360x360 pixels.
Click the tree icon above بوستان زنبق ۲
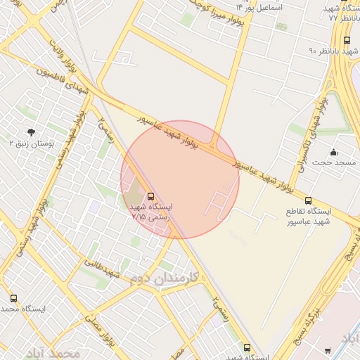pyautogui.click(x=30, y=131)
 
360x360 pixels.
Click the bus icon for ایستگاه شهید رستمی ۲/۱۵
pyautogui.click(x=151, y=196)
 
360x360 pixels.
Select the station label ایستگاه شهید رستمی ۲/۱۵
pyautogui.click(x=151, y=212)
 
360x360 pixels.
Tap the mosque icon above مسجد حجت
pyautogui.click(x=333, y=153)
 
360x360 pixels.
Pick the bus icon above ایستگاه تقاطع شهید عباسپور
pyautogui.click(x=309, y=200)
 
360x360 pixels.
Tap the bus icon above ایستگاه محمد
pyautogui.click(x=14, y=298)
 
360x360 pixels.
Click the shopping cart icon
pyautogui.click(x=328, y=350)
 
